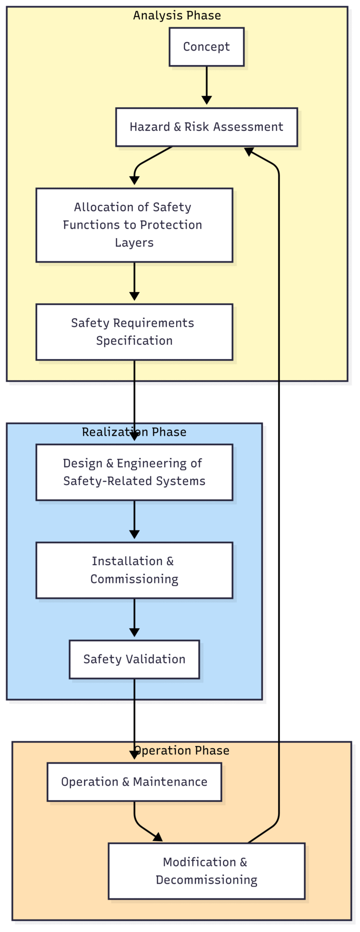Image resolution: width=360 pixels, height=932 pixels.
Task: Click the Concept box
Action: click(206, 47)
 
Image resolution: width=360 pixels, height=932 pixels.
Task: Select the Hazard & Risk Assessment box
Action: click(206, 127)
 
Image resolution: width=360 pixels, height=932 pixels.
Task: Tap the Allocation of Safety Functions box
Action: click(134, 225)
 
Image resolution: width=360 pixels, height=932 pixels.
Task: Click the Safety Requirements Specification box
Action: click(134, 332)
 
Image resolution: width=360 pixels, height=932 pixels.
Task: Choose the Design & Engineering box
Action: click(134, 472)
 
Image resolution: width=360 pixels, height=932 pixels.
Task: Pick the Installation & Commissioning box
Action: click(134, 570)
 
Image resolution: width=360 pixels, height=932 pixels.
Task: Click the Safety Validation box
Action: click(134, 659)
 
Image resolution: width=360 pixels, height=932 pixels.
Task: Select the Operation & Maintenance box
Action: click(134, 782)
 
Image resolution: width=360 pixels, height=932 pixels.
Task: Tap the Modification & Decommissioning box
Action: click(206, 871)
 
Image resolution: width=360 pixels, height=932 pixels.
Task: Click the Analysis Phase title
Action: click(177, 15)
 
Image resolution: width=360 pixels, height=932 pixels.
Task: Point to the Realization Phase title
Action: click(134, 432)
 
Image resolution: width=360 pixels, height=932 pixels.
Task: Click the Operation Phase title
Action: click(183, 751)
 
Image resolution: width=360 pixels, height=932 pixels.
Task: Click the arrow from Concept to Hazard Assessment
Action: click(206, 84)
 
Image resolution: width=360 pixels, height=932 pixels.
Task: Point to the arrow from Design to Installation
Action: click(134, 519)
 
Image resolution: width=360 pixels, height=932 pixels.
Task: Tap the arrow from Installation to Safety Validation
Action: click(134, 617)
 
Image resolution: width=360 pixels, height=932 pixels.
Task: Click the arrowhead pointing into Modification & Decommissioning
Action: click(158, 837)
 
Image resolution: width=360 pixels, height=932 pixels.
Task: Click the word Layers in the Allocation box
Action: click(134, 243)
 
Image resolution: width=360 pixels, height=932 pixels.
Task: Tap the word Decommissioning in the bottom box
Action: click(206, 880)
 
